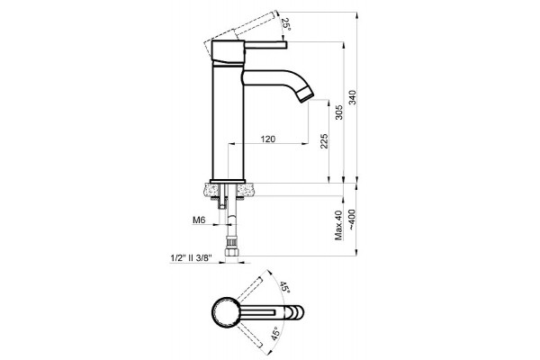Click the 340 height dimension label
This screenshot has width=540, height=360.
352,97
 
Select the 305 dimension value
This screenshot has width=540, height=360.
339,112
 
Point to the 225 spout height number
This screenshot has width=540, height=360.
324,141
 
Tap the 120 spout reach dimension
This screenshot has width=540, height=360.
268,139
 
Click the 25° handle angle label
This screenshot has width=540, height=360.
285,24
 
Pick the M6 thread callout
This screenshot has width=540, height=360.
199,220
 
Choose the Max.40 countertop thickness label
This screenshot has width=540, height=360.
339,225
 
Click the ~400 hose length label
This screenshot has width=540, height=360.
352,220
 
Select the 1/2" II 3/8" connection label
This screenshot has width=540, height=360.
191,258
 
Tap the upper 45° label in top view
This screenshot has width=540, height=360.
284,287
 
